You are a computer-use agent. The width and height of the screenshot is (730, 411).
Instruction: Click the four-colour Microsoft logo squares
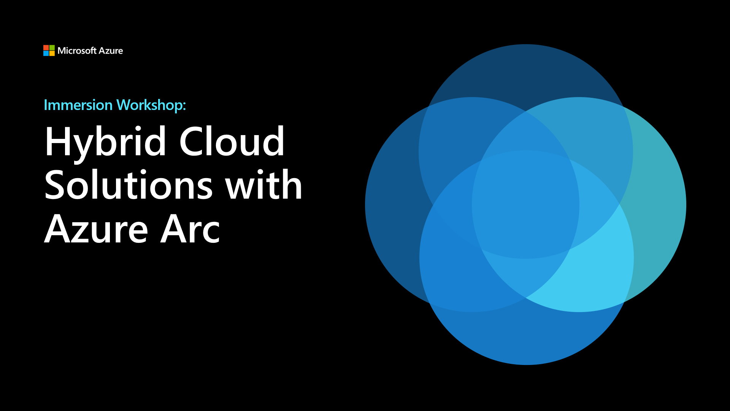(49, 51)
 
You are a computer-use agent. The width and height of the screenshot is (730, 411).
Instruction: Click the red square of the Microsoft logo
(46, 48)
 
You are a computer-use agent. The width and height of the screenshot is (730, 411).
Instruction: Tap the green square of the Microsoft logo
(52, 48)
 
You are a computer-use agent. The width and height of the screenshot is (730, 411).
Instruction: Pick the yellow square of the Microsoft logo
(52, 53)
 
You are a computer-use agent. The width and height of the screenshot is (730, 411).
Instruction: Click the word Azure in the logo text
(111, 51)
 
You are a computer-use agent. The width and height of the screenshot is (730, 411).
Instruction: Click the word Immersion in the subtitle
(78, 105)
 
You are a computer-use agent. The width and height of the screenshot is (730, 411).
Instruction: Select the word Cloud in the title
(232, 141)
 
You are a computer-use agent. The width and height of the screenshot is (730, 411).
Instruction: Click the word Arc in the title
(190, 229)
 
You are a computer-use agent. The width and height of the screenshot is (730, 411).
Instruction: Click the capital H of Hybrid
(57, 141)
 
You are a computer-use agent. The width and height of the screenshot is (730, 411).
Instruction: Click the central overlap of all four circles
(526, 205)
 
